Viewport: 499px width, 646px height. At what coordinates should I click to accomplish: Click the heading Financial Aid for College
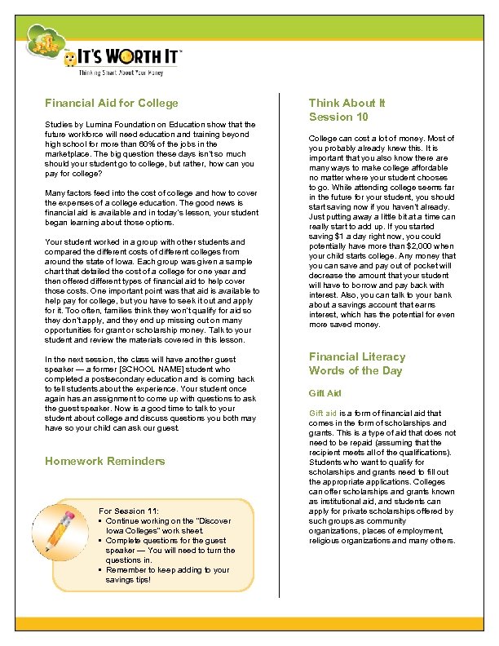pyautogui.click(x=111, y=104)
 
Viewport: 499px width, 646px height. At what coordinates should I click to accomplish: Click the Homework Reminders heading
pyautogui.click(x=104, y=461)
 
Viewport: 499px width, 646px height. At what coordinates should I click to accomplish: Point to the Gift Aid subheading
pyautogui.click(x=324, y=393)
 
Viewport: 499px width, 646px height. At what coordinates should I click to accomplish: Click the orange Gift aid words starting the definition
pyautogui.click(x=324, y=414)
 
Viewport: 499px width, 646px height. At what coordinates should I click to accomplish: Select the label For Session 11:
pyautogui.click(x=128, y=511)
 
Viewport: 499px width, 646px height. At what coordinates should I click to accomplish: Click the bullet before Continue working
pyautogui.click(x=99, y=521)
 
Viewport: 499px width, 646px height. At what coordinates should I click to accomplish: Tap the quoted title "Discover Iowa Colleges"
pyautogui.click(x=163, y=526)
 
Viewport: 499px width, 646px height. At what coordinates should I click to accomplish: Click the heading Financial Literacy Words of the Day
pyautogui.click(x=356, y=364)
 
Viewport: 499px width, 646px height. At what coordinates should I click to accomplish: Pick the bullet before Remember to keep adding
pyautogui.click(x=99, y=570)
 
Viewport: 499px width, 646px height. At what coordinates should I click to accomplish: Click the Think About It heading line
pyautogui.click(x=347, y=104)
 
